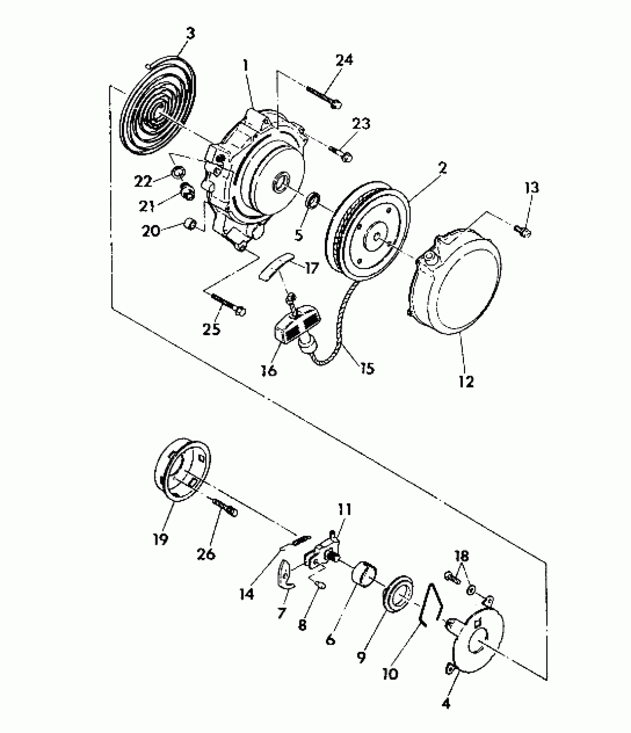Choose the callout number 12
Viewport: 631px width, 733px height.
tap(466, 381)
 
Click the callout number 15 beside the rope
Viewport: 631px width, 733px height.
tap(367, 368)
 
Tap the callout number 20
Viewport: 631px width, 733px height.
tap(151, 231)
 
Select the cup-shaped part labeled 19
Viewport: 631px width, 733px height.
tap(182, 469)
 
